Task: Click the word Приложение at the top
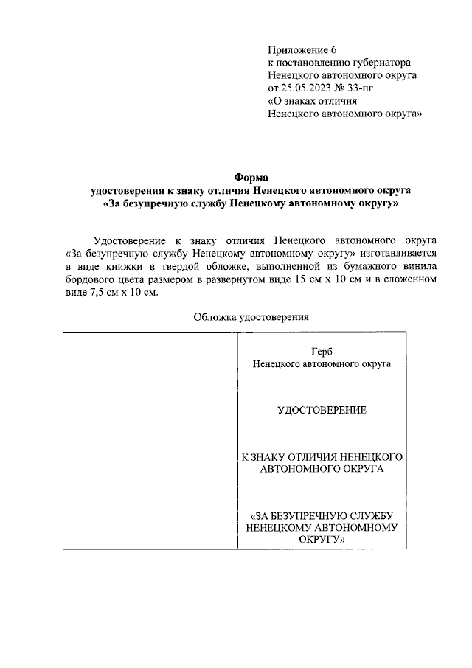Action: click(293, 49)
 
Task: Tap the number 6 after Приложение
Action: click(324, 49)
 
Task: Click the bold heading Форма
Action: click(251, 177)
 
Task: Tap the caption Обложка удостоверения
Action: click(251, 317)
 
